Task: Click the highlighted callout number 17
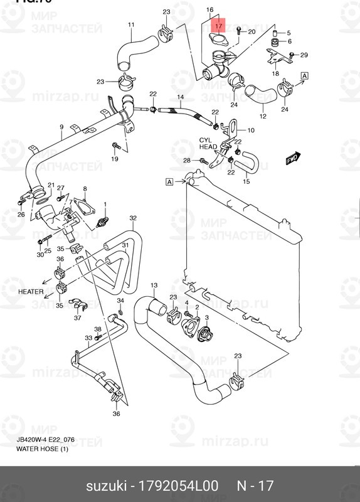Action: pos(218,26)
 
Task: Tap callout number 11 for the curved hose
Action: pos(131,25)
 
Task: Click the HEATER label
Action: pos(31,291)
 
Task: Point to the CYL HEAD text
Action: pos(208,144)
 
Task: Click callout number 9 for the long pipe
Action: pos(61,127)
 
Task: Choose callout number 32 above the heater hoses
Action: pos(133,218)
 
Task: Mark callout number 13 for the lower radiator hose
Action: pos(153,286)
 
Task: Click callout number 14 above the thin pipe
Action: pos(180,97)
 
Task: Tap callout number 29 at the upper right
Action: pos(304,55)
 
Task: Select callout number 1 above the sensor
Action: pos(105,205)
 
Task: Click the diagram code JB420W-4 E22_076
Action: pos(45,440)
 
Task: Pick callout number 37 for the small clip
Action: pos(78,318)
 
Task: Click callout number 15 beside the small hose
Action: pos(246,182)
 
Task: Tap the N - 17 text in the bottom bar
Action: pos(255,485)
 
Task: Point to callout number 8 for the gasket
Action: pos(85,189)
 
